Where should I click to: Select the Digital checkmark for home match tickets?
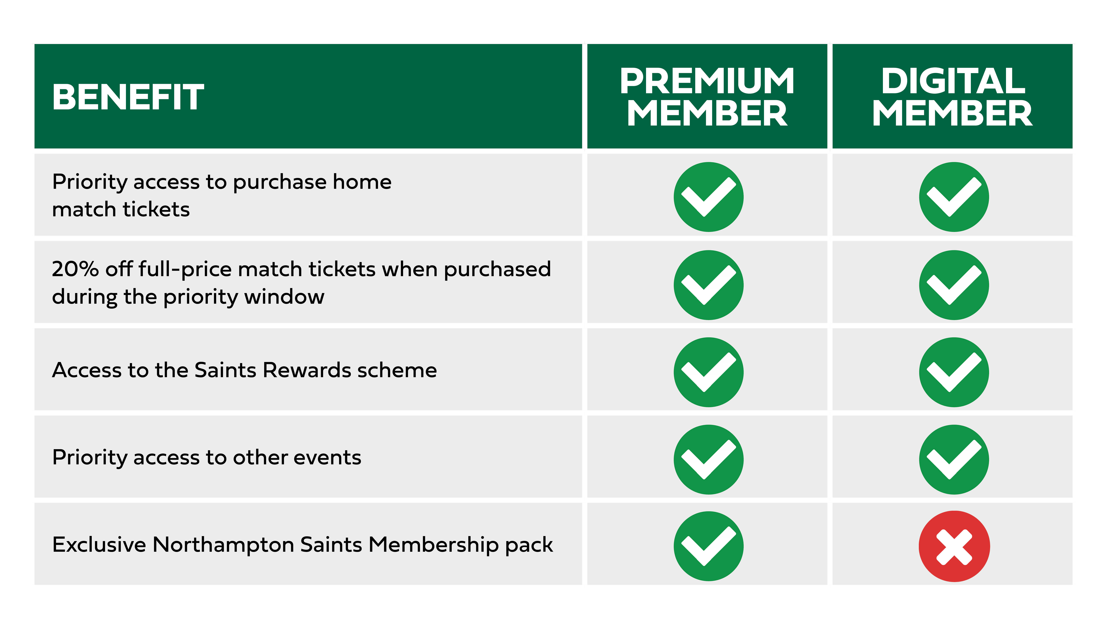pos(954,197)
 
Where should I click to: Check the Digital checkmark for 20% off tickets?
pos(954,285)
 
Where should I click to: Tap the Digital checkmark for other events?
pos(954,460)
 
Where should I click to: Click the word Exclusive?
pos(99,545)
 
